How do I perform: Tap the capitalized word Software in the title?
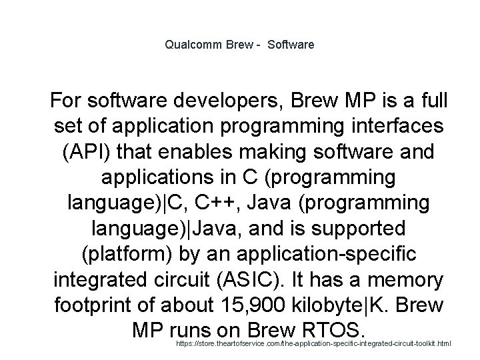point(289,45)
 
